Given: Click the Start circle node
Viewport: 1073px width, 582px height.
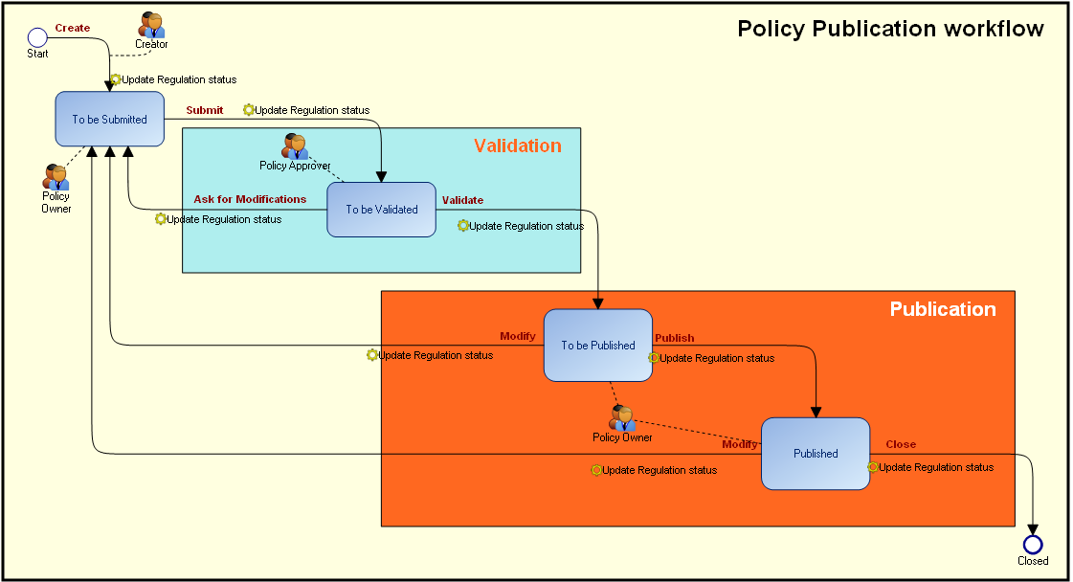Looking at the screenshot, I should tap(37, 37).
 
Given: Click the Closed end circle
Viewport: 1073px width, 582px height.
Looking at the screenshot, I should tap(1033, 545).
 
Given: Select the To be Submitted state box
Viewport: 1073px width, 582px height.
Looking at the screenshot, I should tap(109, 120).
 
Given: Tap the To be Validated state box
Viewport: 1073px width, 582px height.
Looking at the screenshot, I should tap(381, 210).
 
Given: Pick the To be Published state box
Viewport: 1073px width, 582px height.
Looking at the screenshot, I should tap(597, 346).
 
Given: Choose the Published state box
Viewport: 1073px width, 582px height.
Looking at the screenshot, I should tap(816, 454).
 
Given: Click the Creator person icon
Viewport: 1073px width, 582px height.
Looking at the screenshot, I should tap(151, 25).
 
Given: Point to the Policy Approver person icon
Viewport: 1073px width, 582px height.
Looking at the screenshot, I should tap(295, 146).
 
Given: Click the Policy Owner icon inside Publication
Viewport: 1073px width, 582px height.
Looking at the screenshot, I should tap(622, 418).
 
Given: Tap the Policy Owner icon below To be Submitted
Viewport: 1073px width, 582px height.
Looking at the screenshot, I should tap(56, 177).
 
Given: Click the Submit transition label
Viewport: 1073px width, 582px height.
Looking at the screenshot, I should tap(205, 110).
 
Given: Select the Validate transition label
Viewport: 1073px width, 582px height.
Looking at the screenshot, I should tap(462, 200).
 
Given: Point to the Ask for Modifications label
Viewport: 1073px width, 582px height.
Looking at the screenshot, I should tap(250, 199).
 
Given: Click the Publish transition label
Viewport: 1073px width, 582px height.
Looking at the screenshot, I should tap(675, 338).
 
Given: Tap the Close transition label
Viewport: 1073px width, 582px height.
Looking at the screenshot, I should tap(901, 444).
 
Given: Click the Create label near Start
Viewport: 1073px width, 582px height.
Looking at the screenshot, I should tap(73, 28).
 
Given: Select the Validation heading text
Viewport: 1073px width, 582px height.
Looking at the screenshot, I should tap(518, 146).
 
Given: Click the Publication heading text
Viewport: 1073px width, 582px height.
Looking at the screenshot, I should tap(943, 309).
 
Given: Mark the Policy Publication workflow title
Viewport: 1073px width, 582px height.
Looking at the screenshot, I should tap(890, 29).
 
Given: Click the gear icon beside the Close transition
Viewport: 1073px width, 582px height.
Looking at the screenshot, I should tap(873, 467).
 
